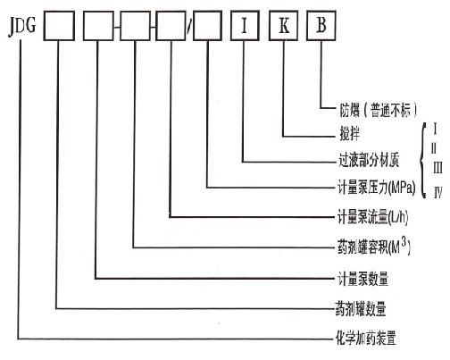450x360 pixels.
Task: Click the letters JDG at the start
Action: [x=22, y=27]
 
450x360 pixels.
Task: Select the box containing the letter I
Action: [x=245, y=26]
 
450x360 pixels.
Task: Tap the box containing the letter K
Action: [x=283, y=26]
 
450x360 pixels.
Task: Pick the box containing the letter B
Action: [x=321, y=26]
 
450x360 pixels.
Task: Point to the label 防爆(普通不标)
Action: [x=378, y=110]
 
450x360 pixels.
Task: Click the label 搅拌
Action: [x=350, y=134]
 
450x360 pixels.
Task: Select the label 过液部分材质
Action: [x=369, y=160]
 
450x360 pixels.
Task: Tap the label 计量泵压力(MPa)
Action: [x=376, y=188]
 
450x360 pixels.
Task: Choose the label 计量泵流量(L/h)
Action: [x=372, y=217]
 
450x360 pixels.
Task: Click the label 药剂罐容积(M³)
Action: [x=374, y=247]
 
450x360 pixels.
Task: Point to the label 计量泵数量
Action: [x=362, y=279]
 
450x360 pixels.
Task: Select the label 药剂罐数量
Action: [x=361, y=308]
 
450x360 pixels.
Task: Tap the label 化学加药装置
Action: [x=366, y=339]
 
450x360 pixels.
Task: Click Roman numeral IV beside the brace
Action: [x=438, y=193]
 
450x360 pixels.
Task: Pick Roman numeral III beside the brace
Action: [x=437, y=168]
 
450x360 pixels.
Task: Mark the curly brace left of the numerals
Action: [x=422, y=161]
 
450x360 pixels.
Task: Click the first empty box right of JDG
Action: [x=59, y=26]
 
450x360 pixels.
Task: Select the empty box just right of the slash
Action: [x=208, y=26]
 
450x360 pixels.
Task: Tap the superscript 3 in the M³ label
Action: [x=404, y=242]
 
